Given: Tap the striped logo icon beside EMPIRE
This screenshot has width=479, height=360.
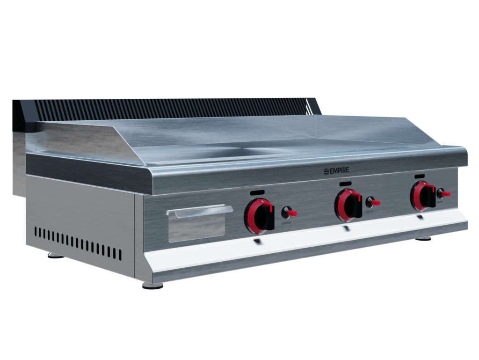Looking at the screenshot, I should click(x=327, y=172).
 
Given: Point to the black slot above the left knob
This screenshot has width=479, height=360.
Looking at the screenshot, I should click(x=257, y=192).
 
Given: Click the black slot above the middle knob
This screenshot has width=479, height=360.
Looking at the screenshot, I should click(x=345, y=183).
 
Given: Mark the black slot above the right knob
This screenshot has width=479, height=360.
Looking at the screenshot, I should click(x=420, y=176).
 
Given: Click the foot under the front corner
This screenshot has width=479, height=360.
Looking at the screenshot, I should click(x=152, y=285).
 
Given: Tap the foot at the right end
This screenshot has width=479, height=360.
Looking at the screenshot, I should click(x=423, y=238).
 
